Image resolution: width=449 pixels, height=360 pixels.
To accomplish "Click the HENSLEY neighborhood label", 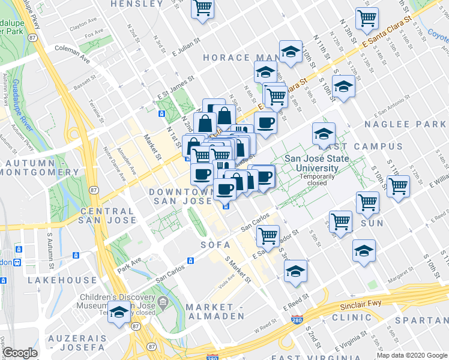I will [x=137, y=4].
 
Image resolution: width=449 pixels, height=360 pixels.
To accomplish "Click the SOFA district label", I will [x=215, y=245].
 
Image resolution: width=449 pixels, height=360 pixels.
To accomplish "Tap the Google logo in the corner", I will [x=20, y=353].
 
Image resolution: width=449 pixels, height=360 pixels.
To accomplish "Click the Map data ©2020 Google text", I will [x=411, y=355].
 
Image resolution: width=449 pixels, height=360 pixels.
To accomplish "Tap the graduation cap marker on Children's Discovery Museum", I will [x=120, y=313].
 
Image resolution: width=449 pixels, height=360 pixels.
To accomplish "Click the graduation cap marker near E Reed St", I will [x=295, y=272].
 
